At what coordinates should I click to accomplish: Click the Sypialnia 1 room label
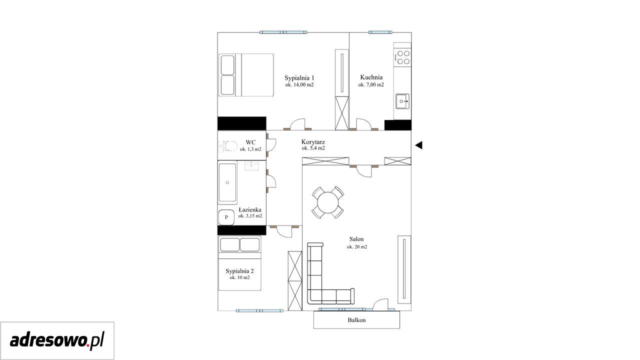[299, 77]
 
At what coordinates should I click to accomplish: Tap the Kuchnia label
[371, 77]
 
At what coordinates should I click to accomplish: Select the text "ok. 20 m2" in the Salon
[357, 247]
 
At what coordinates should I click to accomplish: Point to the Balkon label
[356, 320]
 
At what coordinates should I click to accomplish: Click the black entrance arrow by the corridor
[419, 145]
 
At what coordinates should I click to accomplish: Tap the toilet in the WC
[228, 146]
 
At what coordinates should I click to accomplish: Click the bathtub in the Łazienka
[227, 182]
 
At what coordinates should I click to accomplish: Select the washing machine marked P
[226, 217]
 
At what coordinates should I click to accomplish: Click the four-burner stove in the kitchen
[402, 57]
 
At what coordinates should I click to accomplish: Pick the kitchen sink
[402, 101]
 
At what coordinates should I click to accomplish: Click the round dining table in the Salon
[327, 202]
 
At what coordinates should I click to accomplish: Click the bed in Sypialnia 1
[246, 75]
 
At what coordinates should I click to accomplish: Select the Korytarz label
[313, 141]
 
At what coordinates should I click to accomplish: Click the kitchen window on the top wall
[380, 32]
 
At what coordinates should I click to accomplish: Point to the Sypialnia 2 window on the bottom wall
[259, 310]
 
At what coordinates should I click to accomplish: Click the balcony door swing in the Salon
[381, 304]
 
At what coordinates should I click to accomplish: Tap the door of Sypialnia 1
[297, 124]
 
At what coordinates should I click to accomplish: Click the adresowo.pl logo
[57, 340]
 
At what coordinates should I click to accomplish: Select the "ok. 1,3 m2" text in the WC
[250, 149]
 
